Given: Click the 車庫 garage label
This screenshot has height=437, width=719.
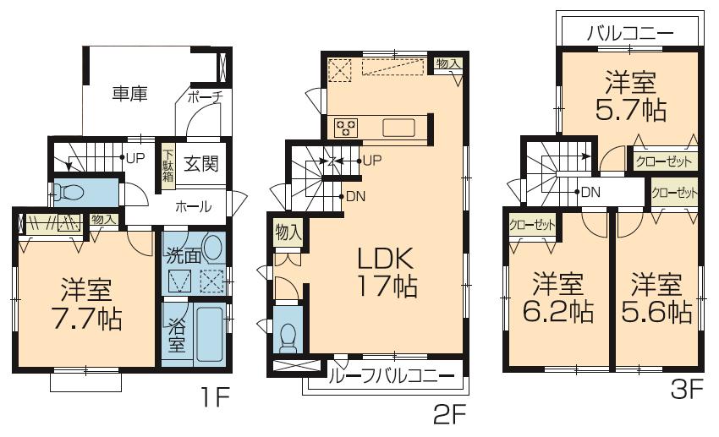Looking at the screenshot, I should (x=129, y=94).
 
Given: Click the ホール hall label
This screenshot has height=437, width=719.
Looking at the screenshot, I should (x=194, y=206).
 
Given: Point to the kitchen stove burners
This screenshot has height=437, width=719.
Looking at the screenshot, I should (x=345, y=128).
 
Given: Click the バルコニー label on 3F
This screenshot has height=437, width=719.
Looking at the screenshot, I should (x=630, y=35).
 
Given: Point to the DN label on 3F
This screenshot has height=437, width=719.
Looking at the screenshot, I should (x=590, y=192).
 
